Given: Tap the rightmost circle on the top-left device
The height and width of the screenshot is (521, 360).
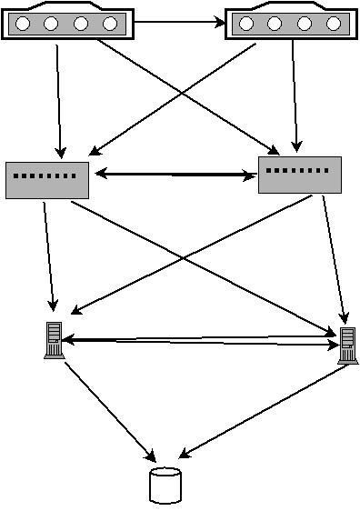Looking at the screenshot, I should [x=110, y=23].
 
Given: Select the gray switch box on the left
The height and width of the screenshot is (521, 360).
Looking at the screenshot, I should [x=47, y=179].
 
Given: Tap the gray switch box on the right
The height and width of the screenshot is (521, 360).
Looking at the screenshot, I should [x=300, y=173].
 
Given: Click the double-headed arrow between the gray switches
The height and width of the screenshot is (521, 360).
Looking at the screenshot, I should [x=175, y=175].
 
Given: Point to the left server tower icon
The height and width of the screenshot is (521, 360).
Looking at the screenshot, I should [x=53, y=340].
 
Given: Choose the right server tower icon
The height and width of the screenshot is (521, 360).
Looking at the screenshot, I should [x=346, y=346].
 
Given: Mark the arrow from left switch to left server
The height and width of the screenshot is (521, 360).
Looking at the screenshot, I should [x=49, y=255].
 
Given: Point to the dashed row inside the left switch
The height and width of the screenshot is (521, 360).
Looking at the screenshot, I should [x=46, y=175].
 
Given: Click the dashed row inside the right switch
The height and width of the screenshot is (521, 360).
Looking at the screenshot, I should [x=299, y=169].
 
